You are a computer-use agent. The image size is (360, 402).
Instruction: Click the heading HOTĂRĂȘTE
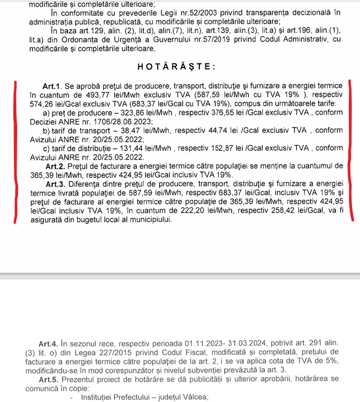click(x=177, y=67)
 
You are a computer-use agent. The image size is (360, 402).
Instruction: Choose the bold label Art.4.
click(x=48, y=344)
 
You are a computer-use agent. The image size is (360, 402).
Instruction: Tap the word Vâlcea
click(x=189, y=397)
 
